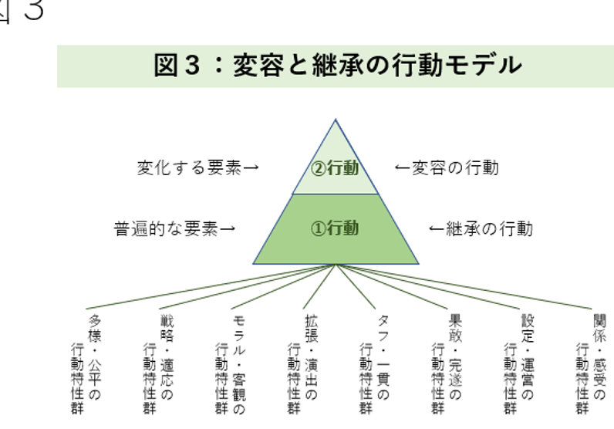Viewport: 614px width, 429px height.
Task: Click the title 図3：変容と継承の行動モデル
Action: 337,65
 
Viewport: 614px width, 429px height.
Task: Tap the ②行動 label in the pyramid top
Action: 335,167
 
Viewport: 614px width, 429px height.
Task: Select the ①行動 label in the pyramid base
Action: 335,228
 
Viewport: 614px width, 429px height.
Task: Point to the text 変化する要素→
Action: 197,167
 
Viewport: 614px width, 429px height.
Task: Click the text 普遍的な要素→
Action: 175,229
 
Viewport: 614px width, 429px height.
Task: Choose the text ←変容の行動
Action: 447,167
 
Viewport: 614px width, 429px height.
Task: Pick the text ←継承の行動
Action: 481,229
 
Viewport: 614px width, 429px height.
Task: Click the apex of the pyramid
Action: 336,120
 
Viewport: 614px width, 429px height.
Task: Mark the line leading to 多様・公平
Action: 208,287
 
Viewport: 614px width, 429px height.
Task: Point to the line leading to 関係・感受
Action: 463,287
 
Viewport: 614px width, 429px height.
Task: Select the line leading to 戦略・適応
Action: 247,287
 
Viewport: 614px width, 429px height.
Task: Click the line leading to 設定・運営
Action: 432,288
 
